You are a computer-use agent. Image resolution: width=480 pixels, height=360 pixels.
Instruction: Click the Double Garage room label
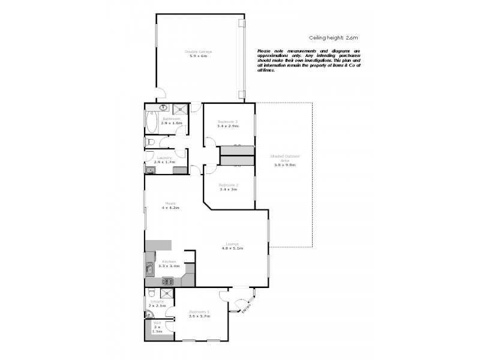[198, 52]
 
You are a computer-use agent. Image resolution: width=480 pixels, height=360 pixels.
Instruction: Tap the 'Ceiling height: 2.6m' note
[333, 37]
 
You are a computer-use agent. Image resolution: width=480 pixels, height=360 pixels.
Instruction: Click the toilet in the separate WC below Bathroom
[150, 142]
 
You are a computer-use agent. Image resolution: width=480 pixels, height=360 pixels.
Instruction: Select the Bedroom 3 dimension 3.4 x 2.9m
[227, 127]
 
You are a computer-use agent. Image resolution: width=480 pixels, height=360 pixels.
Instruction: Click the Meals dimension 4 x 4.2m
[170, 208]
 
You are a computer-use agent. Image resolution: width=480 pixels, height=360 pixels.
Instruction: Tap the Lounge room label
[232, 244]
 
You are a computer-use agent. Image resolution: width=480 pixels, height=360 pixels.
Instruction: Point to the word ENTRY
[247, 308]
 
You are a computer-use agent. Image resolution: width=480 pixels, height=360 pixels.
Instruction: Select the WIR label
[157, 323]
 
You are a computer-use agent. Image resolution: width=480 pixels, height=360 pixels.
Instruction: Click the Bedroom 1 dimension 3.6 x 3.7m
[199, 316]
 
